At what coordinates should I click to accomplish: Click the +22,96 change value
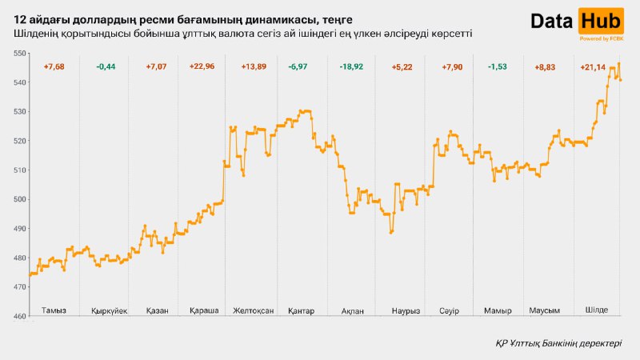tap(202, 66)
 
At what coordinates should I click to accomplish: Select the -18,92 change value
tap(350, 66)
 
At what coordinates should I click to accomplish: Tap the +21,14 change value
tap(594, 66)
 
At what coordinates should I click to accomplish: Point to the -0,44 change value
tap(106, 66)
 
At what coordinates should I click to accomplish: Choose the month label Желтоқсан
tap(253, 310)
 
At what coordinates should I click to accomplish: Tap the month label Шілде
tap(602, 310)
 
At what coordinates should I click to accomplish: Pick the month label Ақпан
tap(352, 310)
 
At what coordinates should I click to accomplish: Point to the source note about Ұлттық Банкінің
tap(557, 343)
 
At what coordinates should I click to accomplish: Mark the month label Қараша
tap(204, 310)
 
